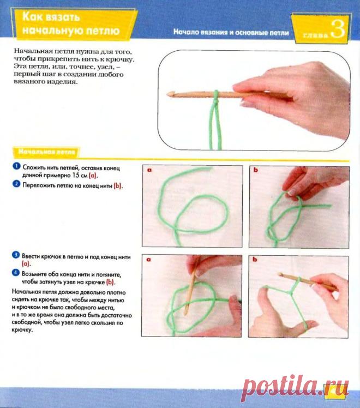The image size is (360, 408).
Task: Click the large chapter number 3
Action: [x=338, y=29]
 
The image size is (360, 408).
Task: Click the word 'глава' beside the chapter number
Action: [x=316, y=35]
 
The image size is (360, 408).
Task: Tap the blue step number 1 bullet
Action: [x=16, y=166]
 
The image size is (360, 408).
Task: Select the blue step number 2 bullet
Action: [x=16, y=184]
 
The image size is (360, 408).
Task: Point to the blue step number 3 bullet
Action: [x=16, y=255]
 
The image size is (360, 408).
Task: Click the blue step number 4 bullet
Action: [x=16, y=273]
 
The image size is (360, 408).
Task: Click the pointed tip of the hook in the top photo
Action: [x=167, y=94]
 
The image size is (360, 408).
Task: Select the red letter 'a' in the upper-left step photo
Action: [x=149, y=170]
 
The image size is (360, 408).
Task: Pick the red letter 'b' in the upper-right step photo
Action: [x=256, y=170]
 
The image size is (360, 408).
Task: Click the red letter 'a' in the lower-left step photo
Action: [x=148, y=260]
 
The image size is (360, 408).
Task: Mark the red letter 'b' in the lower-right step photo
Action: [x=255, y=259]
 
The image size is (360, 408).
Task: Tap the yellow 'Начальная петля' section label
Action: [x=47, y=152]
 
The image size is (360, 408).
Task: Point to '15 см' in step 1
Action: [x=80, y=176]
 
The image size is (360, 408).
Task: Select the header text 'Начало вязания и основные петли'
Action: [x=231, y=32]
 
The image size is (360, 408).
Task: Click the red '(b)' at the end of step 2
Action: [x=118, y=186]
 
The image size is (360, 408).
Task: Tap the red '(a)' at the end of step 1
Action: [x=93, y=176]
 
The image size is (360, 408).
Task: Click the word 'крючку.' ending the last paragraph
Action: [x=22, y=330]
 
